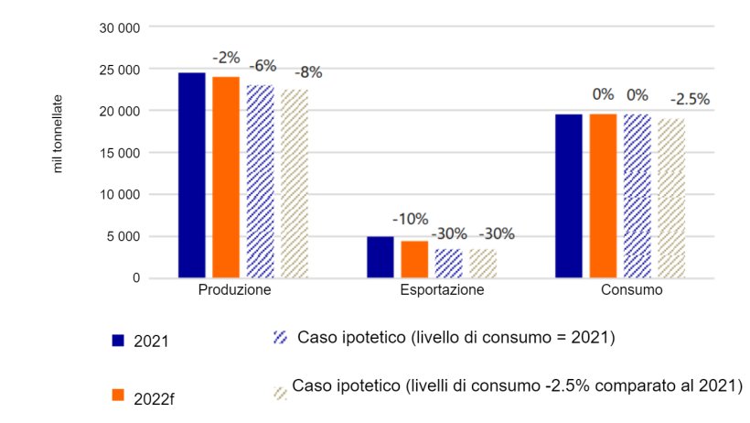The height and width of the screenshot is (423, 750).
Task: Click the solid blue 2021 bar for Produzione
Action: point(191,174)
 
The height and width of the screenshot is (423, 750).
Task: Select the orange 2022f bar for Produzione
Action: point(225,176)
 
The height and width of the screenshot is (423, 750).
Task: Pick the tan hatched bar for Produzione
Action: point(294,183)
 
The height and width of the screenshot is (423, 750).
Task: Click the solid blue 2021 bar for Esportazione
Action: point(380,256)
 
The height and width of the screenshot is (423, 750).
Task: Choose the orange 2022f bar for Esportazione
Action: point(413,258)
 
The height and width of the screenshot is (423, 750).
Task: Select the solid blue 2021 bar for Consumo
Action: point(569,195)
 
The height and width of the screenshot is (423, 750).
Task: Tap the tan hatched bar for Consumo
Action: point(671,198)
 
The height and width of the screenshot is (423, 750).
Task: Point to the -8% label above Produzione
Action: point(307,72)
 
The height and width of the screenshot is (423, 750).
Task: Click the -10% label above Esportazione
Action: point(410,219)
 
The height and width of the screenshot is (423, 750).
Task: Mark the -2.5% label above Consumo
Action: point(690,99)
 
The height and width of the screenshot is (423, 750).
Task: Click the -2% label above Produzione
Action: point(226,58)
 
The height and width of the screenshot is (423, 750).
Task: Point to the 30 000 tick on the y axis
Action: point(119,27)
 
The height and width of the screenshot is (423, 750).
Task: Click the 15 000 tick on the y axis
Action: point(119,153)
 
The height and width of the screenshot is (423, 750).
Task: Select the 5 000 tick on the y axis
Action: point(123,236)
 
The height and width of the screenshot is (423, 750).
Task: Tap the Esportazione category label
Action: point(430,290)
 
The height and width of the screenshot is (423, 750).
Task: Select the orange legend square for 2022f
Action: point(117,395)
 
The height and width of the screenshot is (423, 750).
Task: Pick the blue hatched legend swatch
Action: point(281,338)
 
